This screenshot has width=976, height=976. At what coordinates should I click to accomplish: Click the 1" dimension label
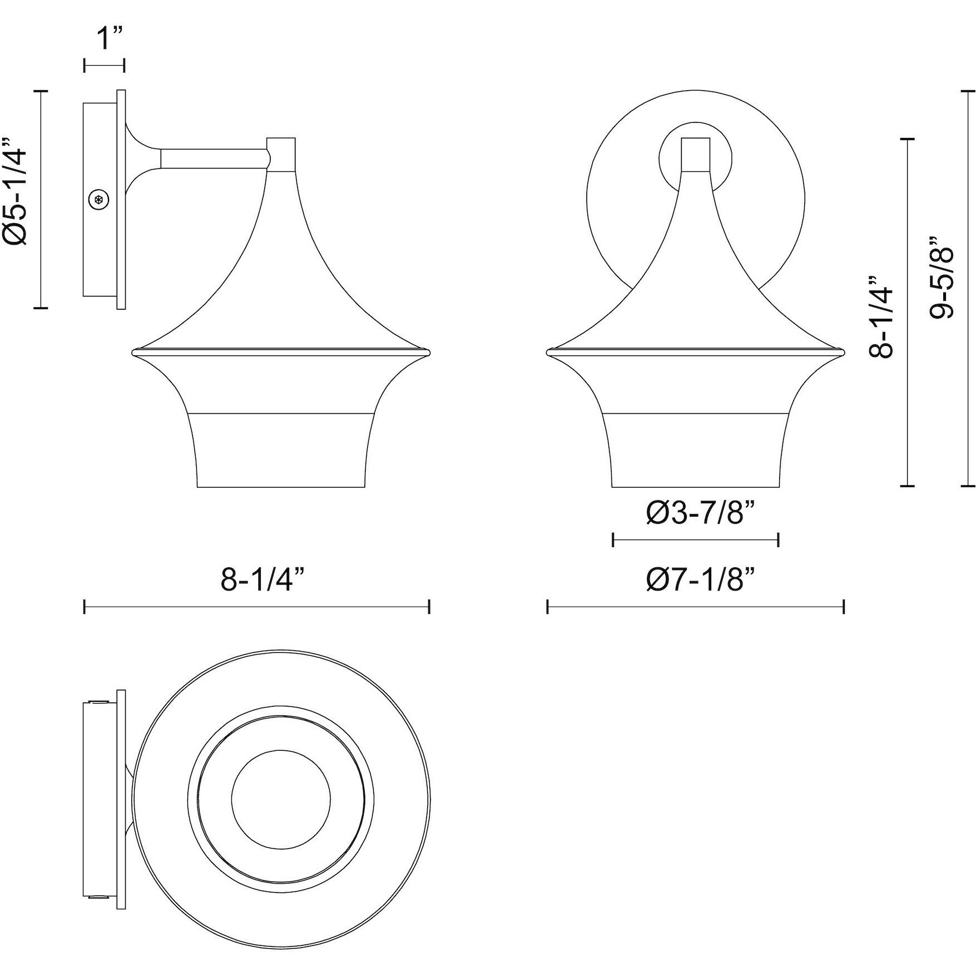coord(105,38)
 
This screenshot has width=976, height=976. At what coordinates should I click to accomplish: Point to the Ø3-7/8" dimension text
coord(702,513)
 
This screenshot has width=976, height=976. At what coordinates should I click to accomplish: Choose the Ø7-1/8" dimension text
coord(701,580)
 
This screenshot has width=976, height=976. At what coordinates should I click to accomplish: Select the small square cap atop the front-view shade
coord(696,154)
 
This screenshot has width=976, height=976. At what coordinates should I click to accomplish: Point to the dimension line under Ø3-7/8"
coord(695,539)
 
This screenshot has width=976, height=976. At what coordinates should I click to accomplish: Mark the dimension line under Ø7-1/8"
coord(696,607)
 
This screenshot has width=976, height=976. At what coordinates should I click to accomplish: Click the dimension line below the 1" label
coord(104,65)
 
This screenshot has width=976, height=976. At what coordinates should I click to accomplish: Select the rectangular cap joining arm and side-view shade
coord(281,155)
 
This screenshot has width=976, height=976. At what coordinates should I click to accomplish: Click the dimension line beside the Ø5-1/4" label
coord(41,199)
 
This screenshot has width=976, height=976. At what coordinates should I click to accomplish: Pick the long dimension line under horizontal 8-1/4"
coord(256,607)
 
